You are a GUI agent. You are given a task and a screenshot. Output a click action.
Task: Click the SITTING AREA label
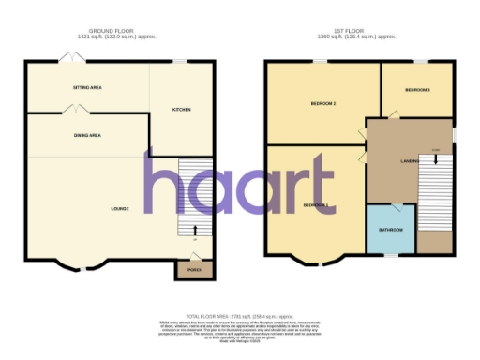pyautogui.click(x=86, y=87)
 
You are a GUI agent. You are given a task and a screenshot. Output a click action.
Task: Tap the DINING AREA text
pyautogui.click(x=87, y=136)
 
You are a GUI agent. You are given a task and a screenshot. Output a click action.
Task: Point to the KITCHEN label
pyautogui.click(x=181, y=110)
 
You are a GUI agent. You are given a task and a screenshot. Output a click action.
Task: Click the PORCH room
pyautogui.click(x=195, y=270)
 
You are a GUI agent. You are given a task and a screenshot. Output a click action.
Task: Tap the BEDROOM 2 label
pyautogui.click(x=322, y=103)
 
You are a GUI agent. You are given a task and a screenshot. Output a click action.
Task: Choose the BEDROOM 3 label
pyautogui.click(x=417, y=90)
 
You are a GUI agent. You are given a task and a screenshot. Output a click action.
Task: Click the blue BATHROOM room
pyautogui.click(x=391, y=230)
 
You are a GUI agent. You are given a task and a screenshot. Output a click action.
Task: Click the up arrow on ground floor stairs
pyautogui.click(x=194, y=231)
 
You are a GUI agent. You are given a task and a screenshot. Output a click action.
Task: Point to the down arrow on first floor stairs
pyautogui.click(x=435, y=158)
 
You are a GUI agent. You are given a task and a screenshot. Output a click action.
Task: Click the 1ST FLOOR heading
pyautogui.click(x=361, y=31)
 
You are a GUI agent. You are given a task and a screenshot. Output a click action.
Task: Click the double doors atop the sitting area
pyautogui.click(x=69, y=58)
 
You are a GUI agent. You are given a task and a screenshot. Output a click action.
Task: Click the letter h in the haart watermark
pyautogui.click(x=164, y=182)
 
